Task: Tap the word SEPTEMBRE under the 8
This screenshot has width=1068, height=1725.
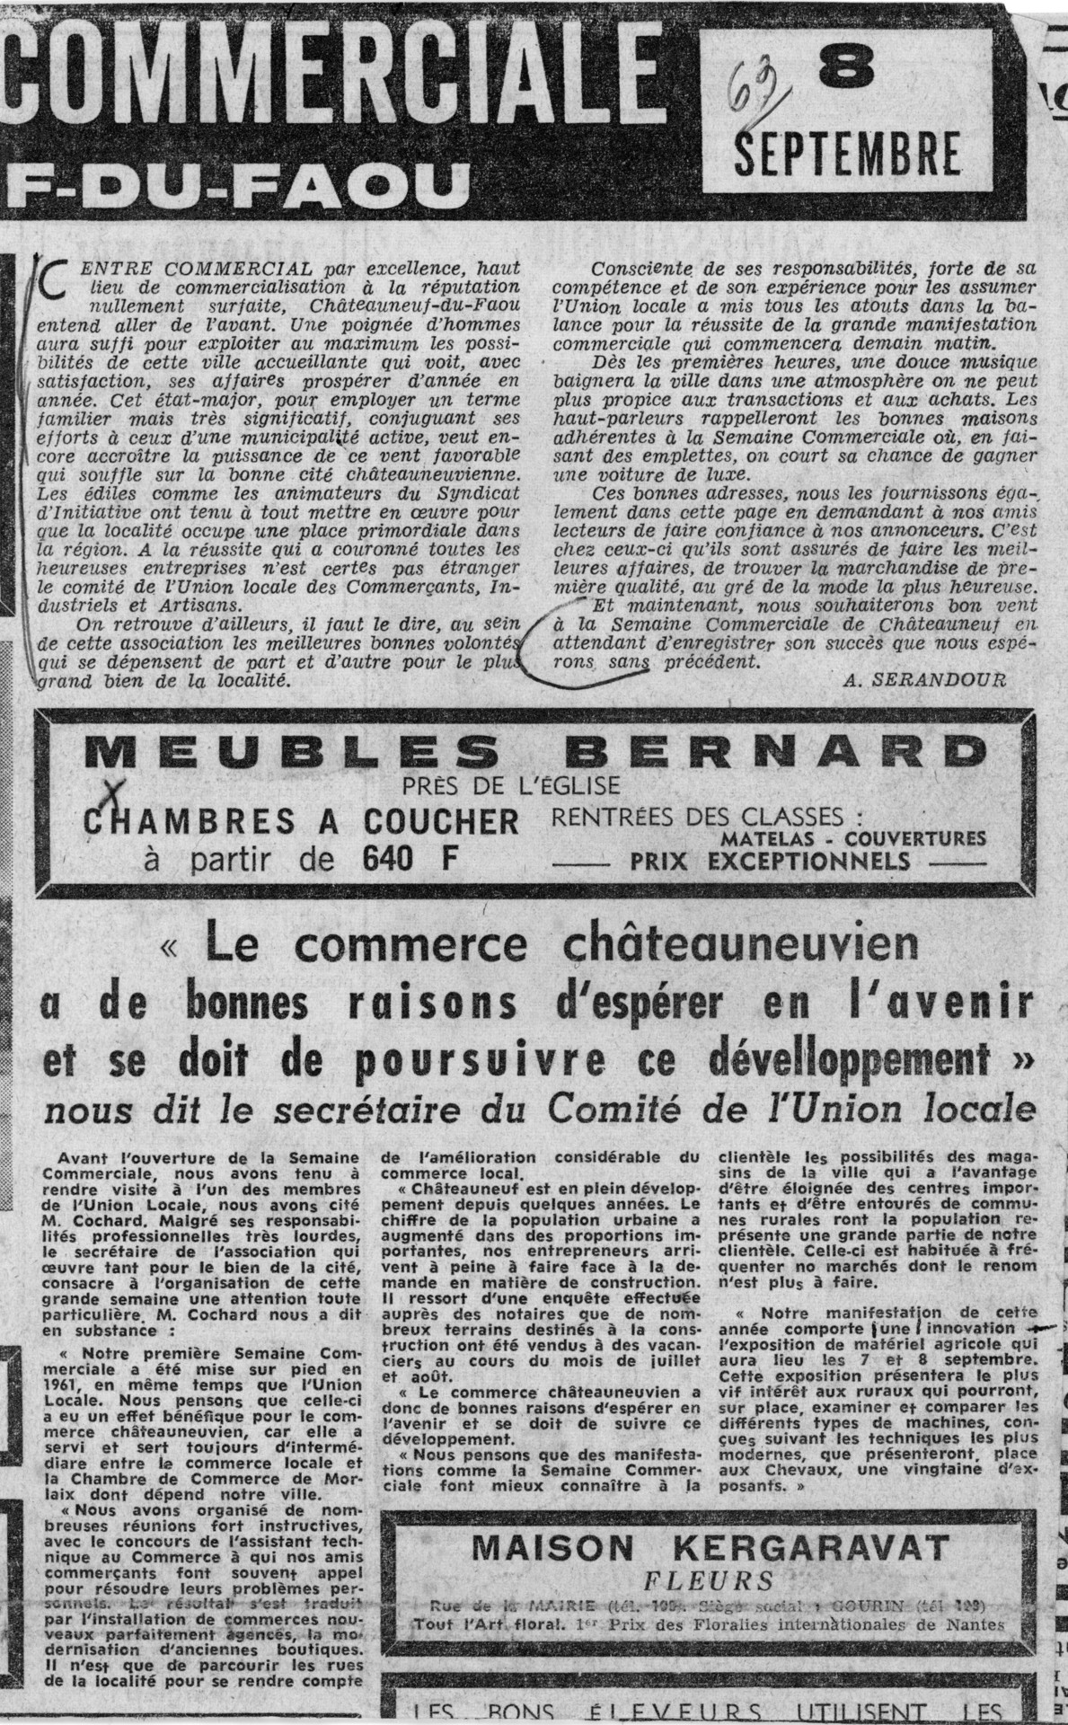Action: pos(847,154)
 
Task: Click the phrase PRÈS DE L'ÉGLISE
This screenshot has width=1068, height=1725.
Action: pos(512,785)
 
